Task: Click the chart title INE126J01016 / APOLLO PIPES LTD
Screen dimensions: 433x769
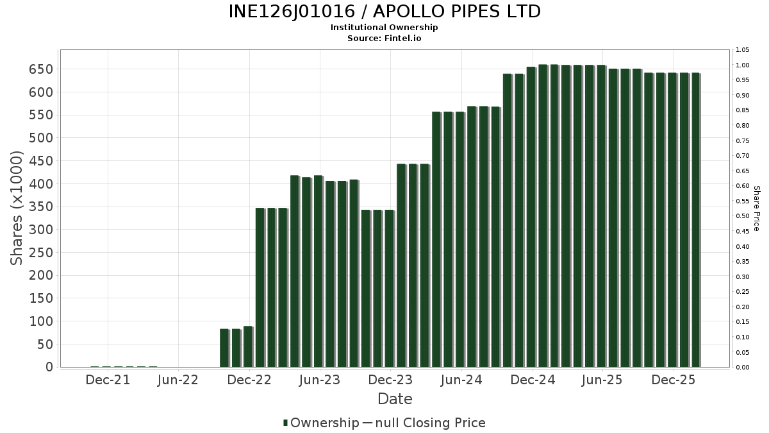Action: [x=384, y=12]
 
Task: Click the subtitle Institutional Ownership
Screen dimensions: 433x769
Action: [x=384, y=28]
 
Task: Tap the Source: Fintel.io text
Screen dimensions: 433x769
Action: [x=384, y=38]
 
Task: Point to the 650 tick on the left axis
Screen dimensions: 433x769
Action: [x=40, y=69]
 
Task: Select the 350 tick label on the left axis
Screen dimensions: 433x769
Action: [x=40, y=207]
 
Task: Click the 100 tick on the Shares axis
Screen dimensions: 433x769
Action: [x=40, y=321]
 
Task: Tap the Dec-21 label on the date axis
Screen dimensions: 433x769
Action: [x=108, y=380]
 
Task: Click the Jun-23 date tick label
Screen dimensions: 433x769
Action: [x=320, y=380]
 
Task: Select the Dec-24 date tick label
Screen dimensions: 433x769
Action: [x=533, y=380]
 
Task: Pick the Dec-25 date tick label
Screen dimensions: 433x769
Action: [x=674, y=380]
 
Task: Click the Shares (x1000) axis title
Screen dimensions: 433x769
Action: [x=17, y=208]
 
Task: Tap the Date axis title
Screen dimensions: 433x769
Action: [x=395, y=399]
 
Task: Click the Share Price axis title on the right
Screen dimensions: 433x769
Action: [x=757, y=208]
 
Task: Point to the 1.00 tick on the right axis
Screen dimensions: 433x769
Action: [x=743, y=65]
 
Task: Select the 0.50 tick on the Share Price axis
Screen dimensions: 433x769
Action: [x=743, y=216]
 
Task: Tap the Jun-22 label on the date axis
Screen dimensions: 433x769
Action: [x=178, y=380]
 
